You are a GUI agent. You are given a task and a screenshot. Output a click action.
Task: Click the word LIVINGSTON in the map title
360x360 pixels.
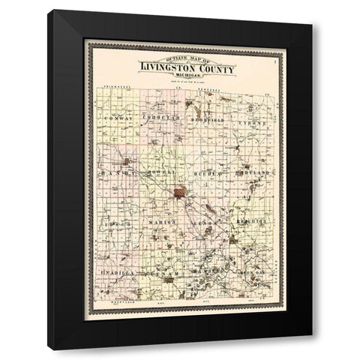coord(164,70)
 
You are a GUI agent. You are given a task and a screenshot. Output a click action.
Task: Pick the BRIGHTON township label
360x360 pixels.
coord(253,223)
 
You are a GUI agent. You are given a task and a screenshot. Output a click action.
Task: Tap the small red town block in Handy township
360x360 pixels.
coord(128,161)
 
